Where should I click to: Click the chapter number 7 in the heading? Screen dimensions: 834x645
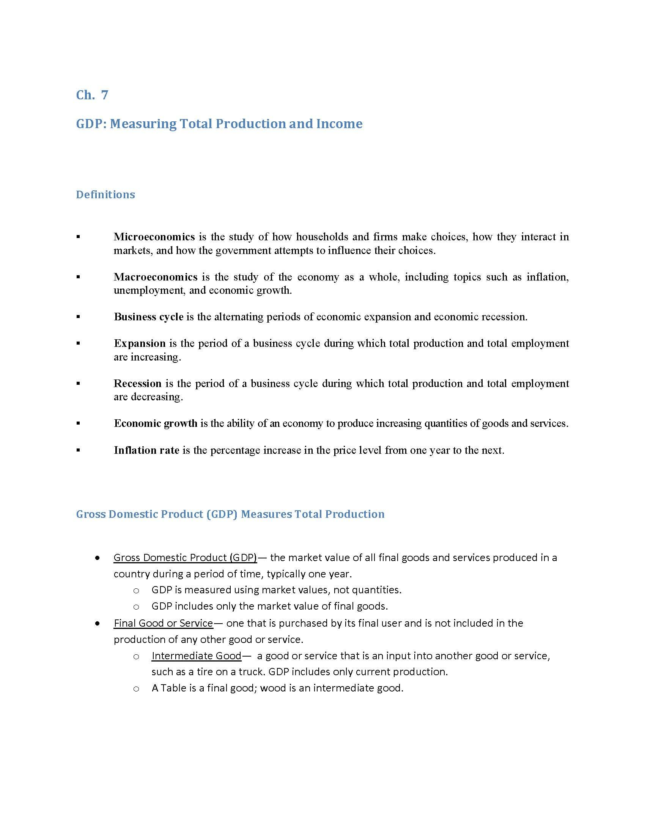104,95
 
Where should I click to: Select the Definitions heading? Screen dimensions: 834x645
105,195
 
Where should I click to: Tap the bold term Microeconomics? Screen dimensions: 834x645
154,237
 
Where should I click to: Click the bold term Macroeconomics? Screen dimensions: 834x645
156,277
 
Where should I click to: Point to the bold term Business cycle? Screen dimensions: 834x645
149,317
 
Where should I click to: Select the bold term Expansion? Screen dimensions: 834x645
140,343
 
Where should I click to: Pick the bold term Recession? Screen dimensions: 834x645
138,383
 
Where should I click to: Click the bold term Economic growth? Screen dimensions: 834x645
156,423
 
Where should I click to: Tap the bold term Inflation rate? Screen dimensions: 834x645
147,450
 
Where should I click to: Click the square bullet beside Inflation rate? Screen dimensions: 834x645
78,450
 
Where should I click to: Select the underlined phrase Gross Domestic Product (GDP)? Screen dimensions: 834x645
185,558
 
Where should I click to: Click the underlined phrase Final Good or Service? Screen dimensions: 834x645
163,623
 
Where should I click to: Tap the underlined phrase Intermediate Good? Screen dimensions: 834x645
197,656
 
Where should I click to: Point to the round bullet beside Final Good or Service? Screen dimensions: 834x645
98,623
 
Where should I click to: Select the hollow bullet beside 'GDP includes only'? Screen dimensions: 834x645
136,607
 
